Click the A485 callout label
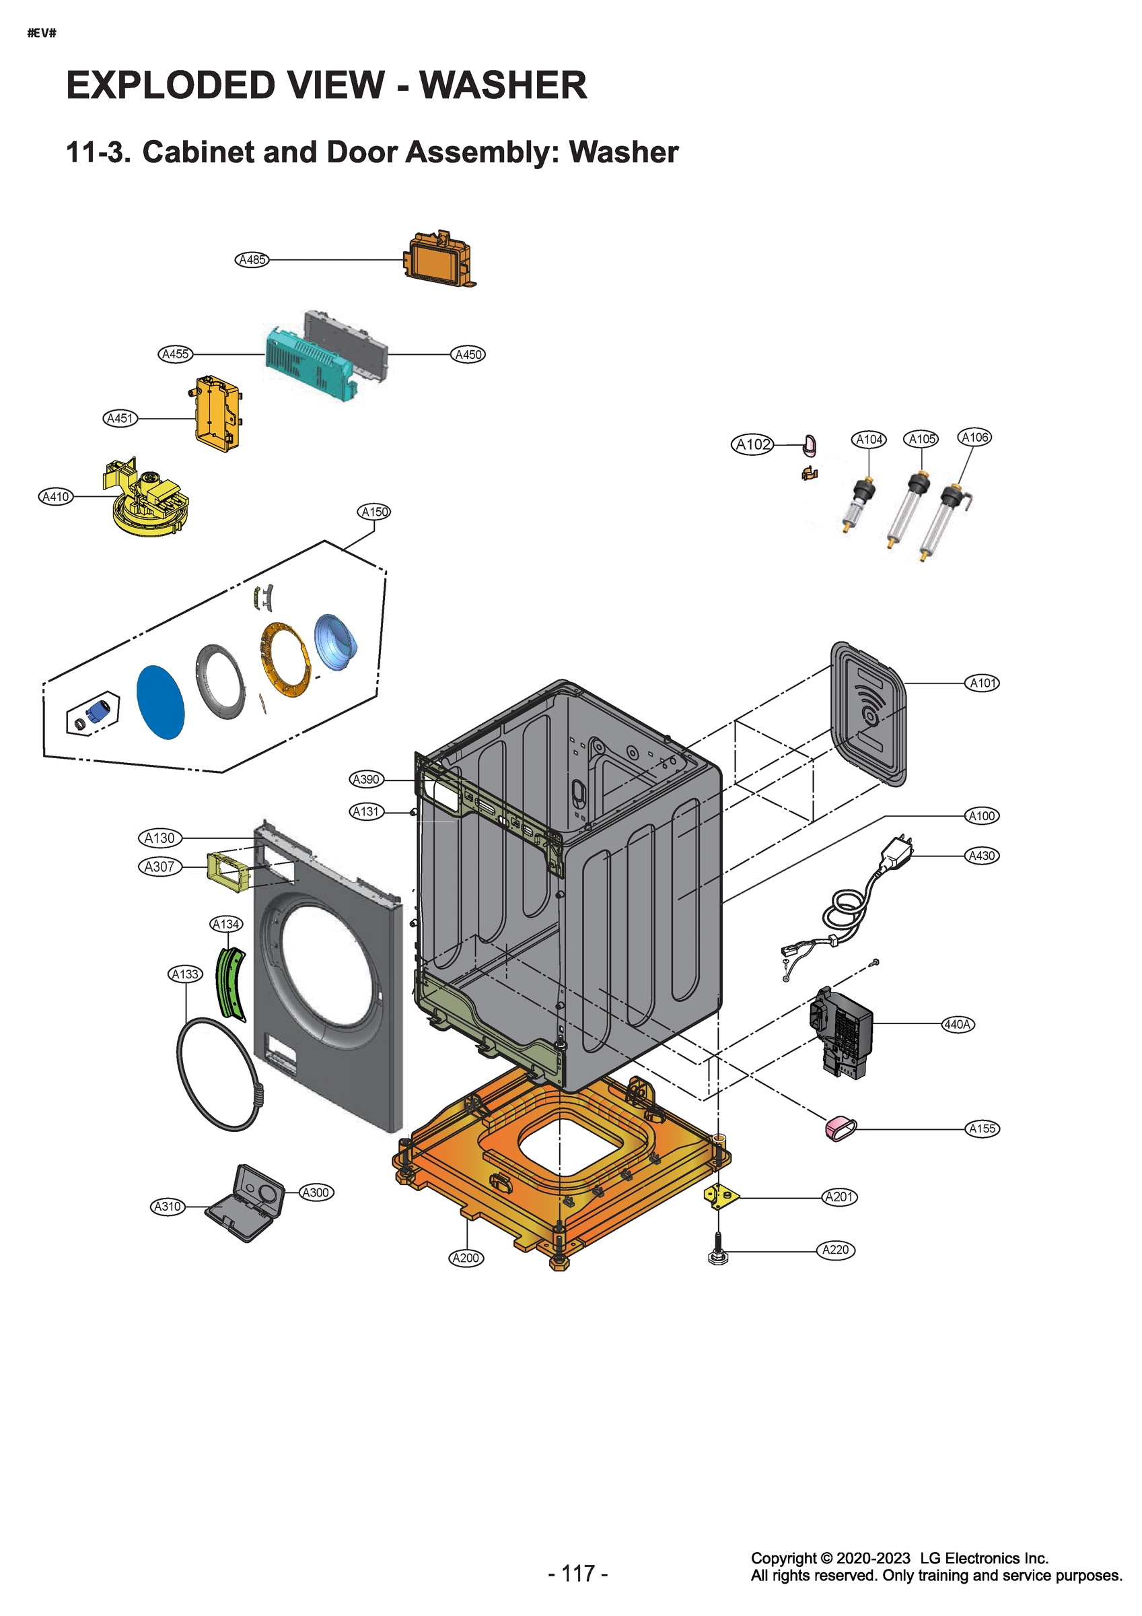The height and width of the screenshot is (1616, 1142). pos(252,260)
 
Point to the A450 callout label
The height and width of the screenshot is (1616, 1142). pos(468,355)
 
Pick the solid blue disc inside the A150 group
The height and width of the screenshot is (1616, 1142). pos(159,702)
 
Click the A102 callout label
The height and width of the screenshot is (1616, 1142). pos(752,445)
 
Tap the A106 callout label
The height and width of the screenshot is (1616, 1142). pos(974,437)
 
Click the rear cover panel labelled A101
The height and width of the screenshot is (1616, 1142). pos(869,712)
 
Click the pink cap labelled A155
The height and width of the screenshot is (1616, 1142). pos(839,1128)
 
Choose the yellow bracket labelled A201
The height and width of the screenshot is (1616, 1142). pos(721,1196)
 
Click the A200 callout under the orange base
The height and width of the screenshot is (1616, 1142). pos(466,1258)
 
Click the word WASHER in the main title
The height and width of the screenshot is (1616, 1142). pos(503,86)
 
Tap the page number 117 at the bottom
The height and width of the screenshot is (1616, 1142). pos(577,1574)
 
